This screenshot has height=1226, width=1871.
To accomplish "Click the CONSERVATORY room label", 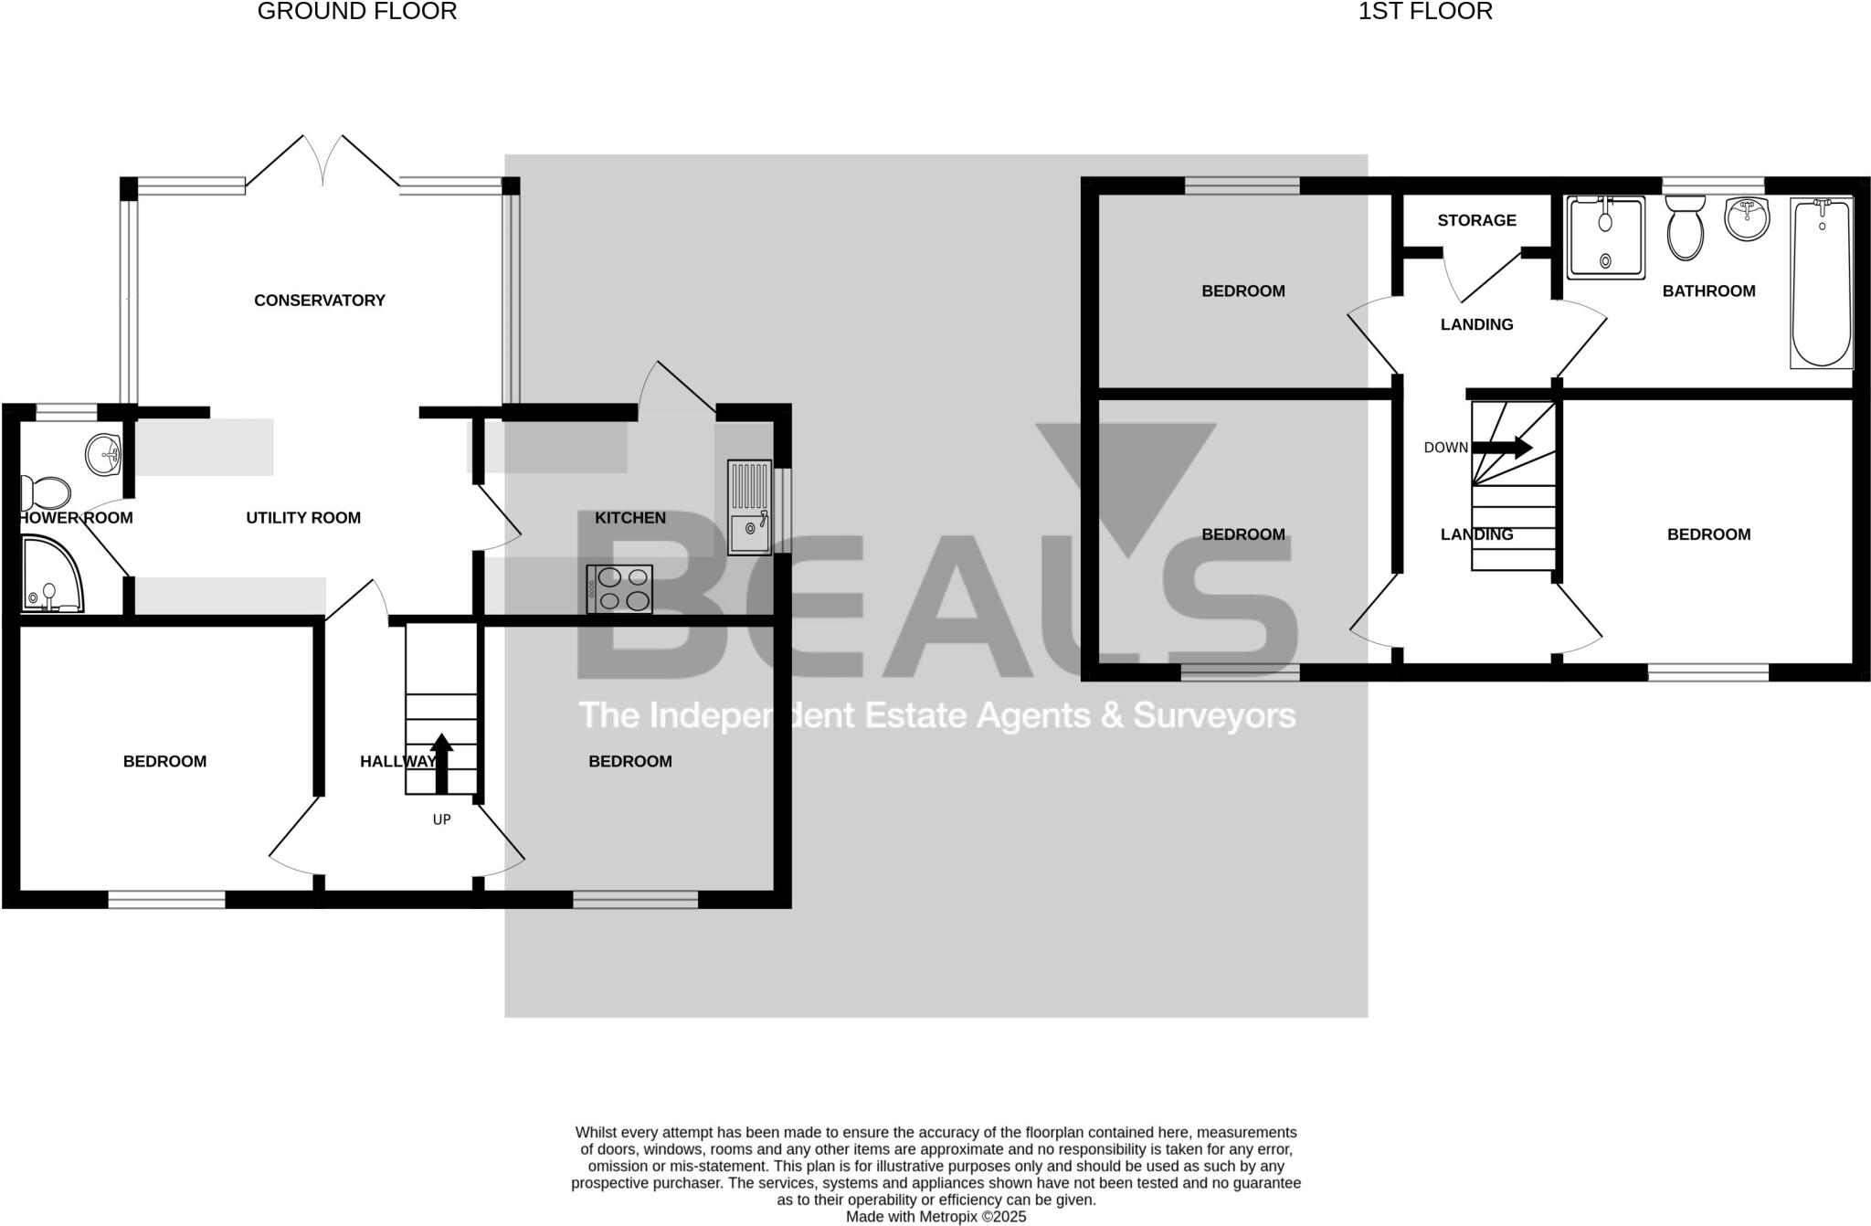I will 319,301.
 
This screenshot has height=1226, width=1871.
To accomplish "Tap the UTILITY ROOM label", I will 303,518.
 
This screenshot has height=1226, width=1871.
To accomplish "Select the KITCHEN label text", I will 629,518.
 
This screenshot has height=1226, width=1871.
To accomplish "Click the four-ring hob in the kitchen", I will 619,589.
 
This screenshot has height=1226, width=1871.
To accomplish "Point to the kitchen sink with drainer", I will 749,507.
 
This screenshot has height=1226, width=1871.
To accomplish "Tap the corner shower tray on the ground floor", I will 50,576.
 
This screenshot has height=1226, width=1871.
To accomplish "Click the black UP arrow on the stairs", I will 441,763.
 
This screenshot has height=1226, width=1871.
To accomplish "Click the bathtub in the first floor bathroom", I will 1822,283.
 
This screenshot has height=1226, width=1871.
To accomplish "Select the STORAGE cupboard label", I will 1476,220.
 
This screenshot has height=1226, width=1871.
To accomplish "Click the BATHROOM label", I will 1708,291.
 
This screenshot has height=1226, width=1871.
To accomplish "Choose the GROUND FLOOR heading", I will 357,12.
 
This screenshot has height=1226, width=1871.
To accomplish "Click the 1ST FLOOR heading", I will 1425,12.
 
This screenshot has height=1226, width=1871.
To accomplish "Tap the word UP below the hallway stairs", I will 441,820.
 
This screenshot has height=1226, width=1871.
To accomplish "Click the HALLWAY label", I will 397,762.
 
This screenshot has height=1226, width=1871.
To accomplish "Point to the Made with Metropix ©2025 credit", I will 935,1217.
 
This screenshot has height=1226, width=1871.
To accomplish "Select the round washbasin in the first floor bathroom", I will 1747,219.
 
